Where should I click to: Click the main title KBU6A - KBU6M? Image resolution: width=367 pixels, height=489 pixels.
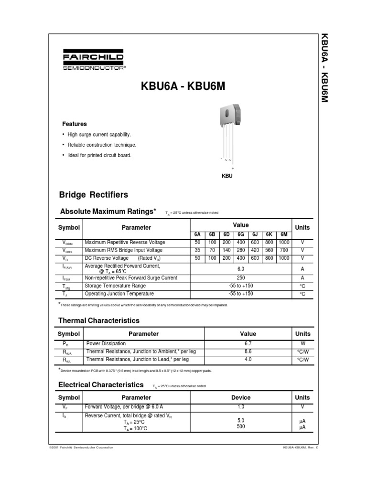point(183,87)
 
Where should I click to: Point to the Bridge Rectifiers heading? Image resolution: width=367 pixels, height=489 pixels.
point(93,195)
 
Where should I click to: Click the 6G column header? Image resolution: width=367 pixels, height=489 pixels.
point(240,234)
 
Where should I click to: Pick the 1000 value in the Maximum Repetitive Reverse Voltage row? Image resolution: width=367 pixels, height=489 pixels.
point(284,243)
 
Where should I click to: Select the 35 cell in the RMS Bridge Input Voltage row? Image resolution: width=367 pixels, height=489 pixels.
point(197,250)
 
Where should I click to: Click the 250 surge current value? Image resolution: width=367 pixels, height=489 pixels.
point(240,278)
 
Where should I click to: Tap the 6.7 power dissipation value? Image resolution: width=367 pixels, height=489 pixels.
point(248,343)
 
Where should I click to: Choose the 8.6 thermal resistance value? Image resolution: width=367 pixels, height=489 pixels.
point(248,351)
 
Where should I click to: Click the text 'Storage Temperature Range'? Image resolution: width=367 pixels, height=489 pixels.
point(115,286)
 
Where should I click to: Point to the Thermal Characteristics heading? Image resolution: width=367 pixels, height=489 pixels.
point(99,320)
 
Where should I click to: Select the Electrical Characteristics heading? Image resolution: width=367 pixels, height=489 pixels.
point(101,384)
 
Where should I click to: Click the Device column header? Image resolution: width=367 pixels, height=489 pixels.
point(240,397)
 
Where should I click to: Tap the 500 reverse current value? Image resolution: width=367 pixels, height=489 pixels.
point(240,426)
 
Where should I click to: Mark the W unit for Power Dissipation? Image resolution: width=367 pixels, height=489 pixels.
point(302,343)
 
